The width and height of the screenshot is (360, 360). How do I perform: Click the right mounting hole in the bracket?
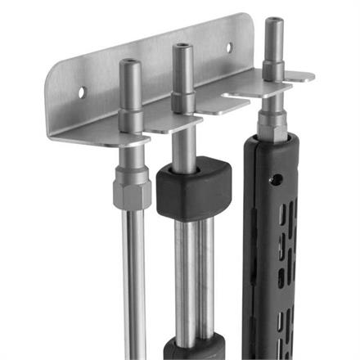click(x=229, y=47)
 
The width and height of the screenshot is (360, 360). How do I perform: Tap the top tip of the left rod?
click(x=130, y=62)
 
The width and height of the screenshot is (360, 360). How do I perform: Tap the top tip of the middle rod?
click(x=182, y=47)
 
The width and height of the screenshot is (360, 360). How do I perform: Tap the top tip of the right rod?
click(x=274, y=22)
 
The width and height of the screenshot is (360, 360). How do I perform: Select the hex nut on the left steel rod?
click(x=132, y=191)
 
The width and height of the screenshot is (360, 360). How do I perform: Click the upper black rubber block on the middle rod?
click(x=194, y=187)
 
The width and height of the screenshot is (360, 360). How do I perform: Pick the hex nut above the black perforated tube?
click(x=272, y=124)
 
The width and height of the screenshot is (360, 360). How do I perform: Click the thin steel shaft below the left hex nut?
click(x=134, y=278)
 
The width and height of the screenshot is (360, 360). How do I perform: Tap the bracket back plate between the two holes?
click(x=155, y=70)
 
